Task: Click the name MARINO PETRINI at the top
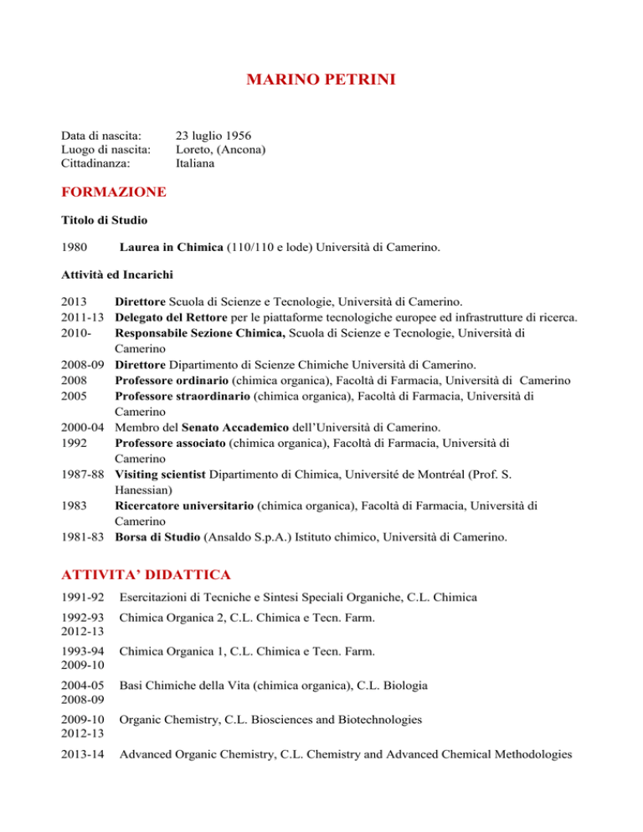pos(321,81)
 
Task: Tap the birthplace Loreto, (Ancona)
pos(221,149)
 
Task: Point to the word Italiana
pos(195,164)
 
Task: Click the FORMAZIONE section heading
pos(114,193)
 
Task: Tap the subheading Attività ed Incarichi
pos(116,275)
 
